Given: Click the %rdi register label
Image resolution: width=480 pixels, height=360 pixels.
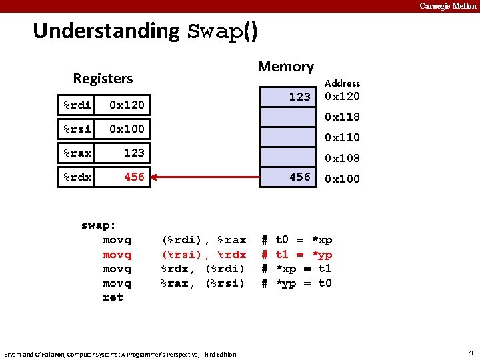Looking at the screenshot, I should (77, 105).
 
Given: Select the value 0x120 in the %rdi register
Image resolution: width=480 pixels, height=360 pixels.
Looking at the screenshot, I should (127, 105).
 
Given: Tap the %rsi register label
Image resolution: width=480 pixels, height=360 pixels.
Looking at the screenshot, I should (77, 129).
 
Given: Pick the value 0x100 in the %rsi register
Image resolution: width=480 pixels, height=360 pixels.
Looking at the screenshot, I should (127, 129).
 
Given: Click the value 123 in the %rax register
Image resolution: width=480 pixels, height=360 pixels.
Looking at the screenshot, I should (134, 153).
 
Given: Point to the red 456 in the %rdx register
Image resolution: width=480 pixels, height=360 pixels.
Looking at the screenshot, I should (134, 177).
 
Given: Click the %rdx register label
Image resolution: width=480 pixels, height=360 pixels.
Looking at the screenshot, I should (77, 177).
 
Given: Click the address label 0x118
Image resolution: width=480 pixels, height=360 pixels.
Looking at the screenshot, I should (342, 117).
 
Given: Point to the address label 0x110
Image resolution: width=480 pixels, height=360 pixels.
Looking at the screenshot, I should (342, 138).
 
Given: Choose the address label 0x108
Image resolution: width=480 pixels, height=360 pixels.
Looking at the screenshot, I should (342, 159).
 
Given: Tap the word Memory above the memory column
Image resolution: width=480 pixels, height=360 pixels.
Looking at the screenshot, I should (285, 67).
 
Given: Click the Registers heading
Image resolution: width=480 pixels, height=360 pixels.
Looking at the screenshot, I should (103, 79).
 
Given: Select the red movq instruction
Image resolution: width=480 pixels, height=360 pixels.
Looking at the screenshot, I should (117, 255).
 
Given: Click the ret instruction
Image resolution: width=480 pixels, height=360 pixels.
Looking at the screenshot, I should (113, 297).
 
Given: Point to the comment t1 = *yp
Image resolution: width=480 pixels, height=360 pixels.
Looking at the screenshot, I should (304, 255).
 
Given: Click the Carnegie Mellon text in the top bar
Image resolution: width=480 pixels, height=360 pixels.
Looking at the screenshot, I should (448, 6).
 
